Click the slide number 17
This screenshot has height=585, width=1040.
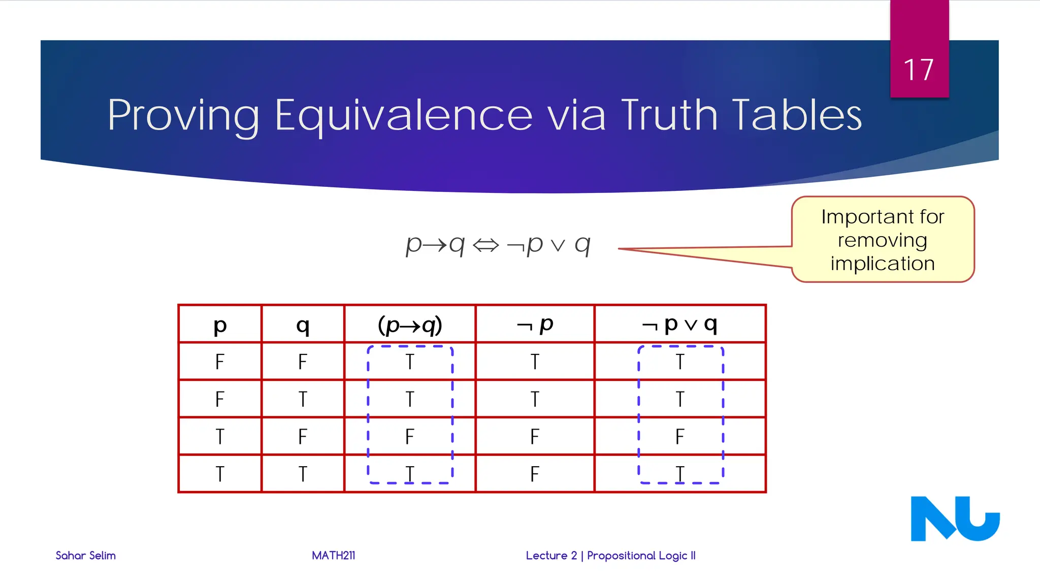[x=919, y=70]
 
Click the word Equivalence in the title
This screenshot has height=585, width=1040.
[x=404, y=115]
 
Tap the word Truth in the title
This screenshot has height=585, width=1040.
[x=669, y=115]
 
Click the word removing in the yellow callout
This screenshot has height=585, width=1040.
[x=883, y=240]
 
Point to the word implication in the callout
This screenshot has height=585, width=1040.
[x=883, y=264]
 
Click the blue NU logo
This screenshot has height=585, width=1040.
[x=955, y=518]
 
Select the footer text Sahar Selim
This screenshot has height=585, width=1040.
[x=86, y=556]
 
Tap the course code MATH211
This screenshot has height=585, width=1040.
[x=334, y=556]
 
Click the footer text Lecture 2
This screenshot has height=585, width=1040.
[x=551, y=556]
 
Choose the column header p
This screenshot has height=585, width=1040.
[x=220, y=324]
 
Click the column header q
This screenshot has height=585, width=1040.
[x=303, y=324]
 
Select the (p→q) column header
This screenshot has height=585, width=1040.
[x=410, y=324]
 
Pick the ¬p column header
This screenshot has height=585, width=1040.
[x=535, y=324]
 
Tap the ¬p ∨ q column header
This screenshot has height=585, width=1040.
[x=679, y=324]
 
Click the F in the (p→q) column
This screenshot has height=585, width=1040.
[x=410, y=437]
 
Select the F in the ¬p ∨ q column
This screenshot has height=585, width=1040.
[x=680, y=437]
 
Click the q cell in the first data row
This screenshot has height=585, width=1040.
[x=303, y=362]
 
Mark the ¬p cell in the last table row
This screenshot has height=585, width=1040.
[x=535, y=474]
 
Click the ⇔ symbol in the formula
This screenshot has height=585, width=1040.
[x=486, y=246]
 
